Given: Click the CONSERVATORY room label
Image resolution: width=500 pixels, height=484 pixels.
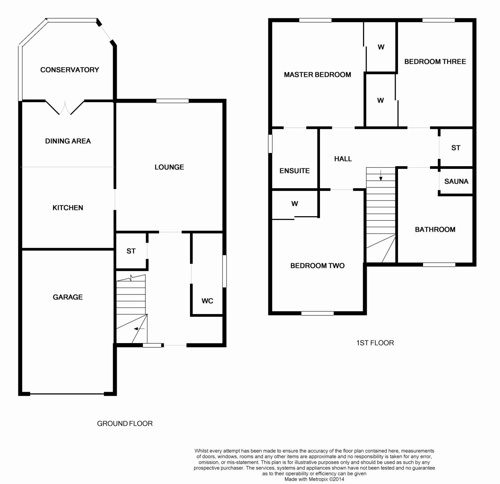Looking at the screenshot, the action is coord(70,70).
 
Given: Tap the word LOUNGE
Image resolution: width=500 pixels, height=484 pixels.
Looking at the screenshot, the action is coord(169,167).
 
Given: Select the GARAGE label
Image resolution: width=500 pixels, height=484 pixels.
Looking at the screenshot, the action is coord(68,297).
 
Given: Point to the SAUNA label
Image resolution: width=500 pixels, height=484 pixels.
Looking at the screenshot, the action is coord(456,181).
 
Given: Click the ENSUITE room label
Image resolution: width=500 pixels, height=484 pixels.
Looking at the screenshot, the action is coord(295,171).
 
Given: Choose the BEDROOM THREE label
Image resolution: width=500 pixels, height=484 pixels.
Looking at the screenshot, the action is coord(435,61).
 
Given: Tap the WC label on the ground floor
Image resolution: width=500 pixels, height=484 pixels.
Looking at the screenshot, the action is coord(207,301).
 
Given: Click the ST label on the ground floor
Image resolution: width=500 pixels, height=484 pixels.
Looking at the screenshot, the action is coord(131,251).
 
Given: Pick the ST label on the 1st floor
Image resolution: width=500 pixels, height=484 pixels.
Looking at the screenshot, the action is coord(456,148).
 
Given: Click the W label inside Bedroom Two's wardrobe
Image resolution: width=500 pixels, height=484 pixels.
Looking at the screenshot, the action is coord(295,204).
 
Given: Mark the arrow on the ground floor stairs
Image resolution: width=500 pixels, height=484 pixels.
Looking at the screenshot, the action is coord(139,329).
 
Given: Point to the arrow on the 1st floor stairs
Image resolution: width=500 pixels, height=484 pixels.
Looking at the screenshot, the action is coord(381,176).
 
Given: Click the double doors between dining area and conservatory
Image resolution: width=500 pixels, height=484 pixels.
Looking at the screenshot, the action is coord(65,108).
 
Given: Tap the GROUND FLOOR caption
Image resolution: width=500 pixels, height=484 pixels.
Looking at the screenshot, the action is coord(125,423).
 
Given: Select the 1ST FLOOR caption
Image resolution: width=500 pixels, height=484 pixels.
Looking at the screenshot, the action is coord(375,343).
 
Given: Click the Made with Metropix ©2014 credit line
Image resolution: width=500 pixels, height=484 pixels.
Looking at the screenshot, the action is coord(314,479).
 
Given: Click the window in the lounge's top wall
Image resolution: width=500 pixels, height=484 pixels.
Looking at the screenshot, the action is coord(172,101).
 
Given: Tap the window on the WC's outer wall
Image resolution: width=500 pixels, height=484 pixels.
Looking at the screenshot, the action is coord(224,271).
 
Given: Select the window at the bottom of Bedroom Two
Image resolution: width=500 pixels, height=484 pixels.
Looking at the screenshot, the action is coord(317,313).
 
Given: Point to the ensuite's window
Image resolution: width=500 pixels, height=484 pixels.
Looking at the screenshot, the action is coord(270,144).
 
